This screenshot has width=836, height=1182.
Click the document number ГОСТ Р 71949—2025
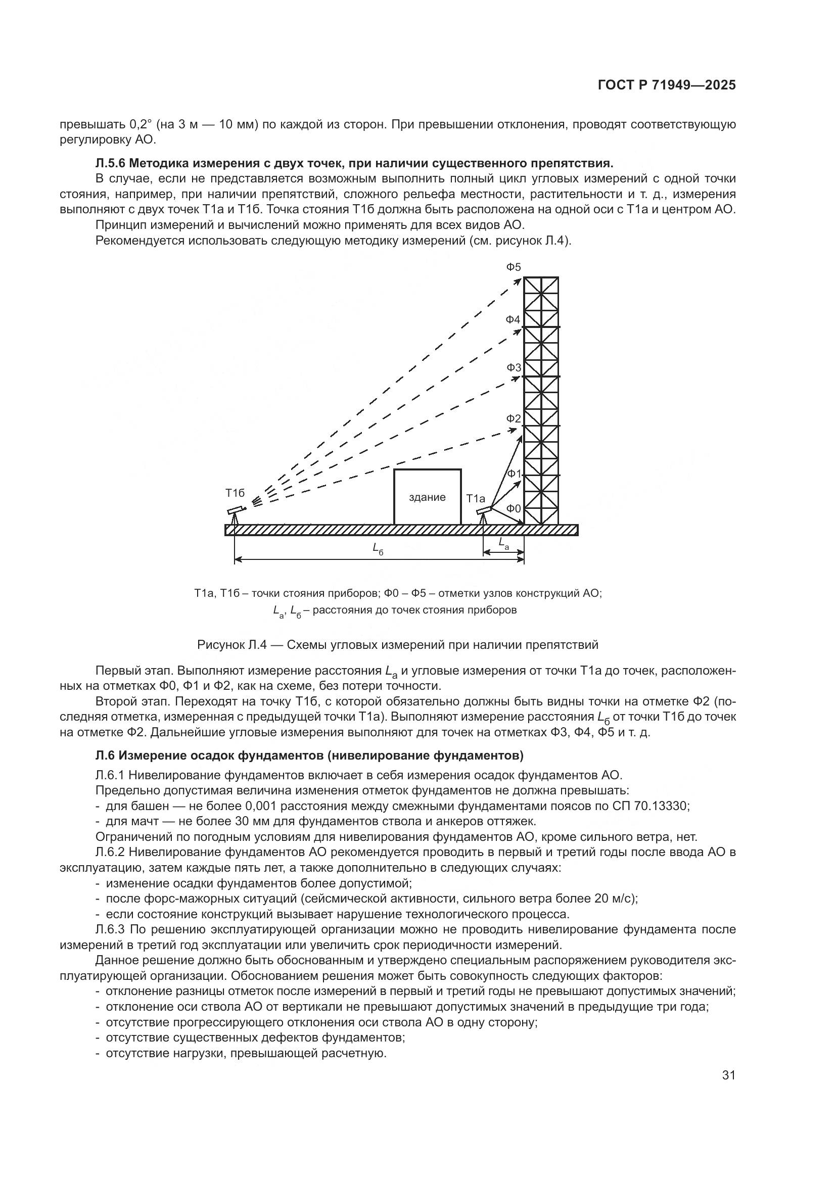point(667,85)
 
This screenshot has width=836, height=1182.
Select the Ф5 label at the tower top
point(513,267)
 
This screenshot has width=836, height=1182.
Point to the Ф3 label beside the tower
point(513,367)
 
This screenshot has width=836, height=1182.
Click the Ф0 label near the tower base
point(513,509)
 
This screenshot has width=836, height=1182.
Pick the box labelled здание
point(427,497)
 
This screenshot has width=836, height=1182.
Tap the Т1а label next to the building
point(476,498)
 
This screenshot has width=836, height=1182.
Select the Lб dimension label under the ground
point(378,549)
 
